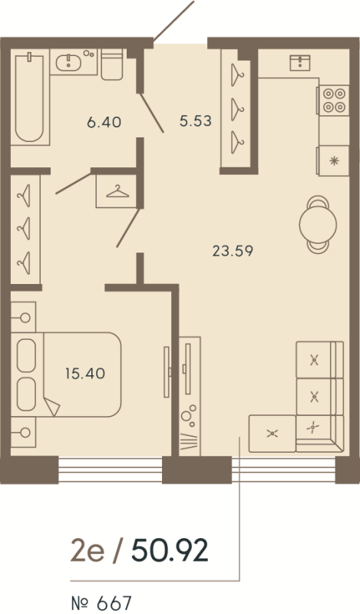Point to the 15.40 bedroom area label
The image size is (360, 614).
click(x=85, y=374)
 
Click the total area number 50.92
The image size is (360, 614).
click(x=170, y=551)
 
